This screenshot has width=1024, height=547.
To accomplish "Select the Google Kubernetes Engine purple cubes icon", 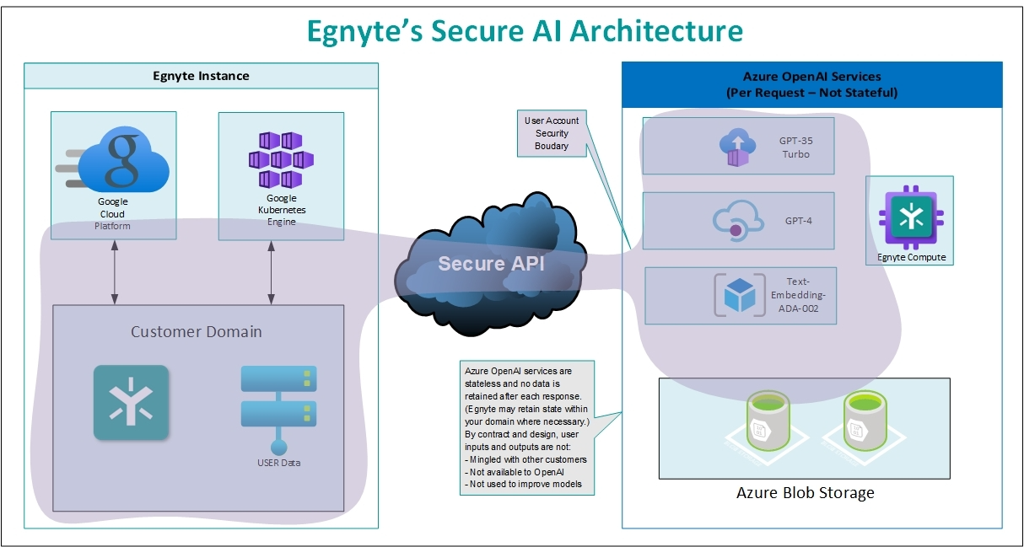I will pyautogui.click(x=281, y=158).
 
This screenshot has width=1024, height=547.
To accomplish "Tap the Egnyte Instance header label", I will pyautogui.click(x=201, y=76).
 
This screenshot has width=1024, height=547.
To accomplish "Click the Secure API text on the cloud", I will pyautogui.click(x=491, y=264).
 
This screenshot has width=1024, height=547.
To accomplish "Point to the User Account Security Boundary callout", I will pyautogui.click(x=552, y=133).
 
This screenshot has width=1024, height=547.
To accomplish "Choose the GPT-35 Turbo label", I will pyautogui.click(x=795, y=148).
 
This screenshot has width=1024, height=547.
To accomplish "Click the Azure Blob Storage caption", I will pyautogui.click(x=805, y=492).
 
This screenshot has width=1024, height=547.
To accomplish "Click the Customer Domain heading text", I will pyautogui.click(x=196, y=331).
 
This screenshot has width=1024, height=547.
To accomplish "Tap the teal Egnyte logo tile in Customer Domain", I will pyautogui.click(x=131, y=403).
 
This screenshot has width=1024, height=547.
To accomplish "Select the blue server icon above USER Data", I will pyautogui.click(x=278, y=401).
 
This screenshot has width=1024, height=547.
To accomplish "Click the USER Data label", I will pyautogui.click(x=278, y=463).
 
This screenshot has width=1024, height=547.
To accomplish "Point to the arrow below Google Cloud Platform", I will pyautogui.click(x=114, y=271).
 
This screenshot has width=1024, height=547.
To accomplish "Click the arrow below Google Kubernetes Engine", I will pyautogui.click(x=271, y=271).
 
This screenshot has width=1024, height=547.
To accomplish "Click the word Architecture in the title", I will pyautogui.click(x=657, y=30).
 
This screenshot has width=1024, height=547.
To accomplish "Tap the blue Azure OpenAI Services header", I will pyautogui.click(x=811, y=84).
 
